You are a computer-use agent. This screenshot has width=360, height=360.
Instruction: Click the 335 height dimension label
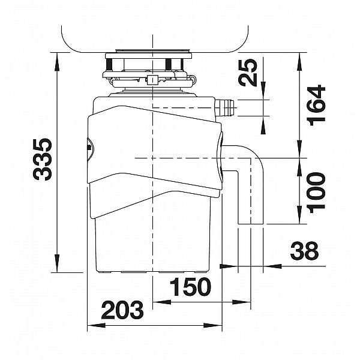pos(43,159)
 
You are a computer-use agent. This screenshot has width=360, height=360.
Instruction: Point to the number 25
pos(247,73)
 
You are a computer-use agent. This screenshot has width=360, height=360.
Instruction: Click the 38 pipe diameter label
pos(304,250)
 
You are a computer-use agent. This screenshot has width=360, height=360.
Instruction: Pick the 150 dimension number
pos(190,287)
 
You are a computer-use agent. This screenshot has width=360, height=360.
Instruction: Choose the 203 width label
pos(122,310)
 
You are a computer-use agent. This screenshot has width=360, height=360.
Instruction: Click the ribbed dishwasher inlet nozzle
pos(224,107)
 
